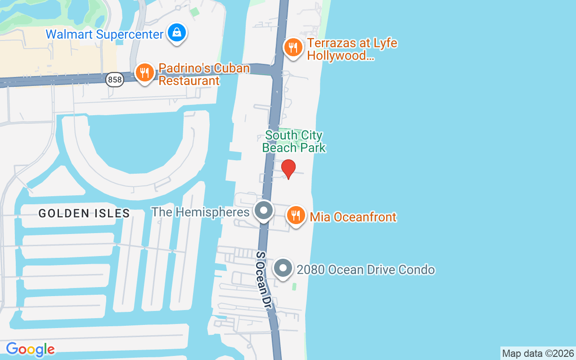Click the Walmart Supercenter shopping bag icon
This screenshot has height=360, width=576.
pos(177,33)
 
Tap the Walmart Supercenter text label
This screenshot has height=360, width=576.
pos(104,34)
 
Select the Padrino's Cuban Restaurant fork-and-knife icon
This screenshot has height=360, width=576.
pos(144,72)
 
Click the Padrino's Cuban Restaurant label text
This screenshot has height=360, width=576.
pos(204,74)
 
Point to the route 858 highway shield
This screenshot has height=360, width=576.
pos(115,80)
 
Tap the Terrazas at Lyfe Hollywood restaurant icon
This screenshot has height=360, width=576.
pos(293,47)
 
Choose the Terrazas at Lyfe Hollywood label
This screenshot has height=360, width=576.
pos(352,49)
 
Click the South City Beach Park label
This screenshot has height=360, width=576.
pos(294,141)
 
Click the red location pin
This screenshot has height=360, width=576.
pos(288,169)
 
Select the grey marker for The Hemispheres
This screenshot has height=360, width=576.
pos(264,211)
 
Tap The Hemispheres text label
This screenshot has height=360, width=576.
pos(200,212)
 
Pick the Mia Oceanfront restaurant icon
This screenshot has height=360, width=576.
pos(296,215)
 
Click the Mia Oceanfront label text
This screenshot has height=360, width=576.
pos(353,217)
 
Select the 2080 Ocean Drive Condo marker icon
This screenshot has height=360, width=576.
pos(283,268)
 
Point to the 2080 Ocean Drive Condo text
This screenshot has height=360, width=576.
pos(366,270)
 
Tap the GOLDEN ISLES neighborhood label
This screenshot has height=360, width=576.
pos(84,213)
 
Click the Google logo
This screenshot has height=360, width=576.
pos(30,349)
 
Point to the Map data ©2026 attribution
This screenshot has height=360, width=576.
pos(538,354)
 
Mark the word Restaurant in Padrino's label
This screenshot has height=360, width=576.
pos(189,81)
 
